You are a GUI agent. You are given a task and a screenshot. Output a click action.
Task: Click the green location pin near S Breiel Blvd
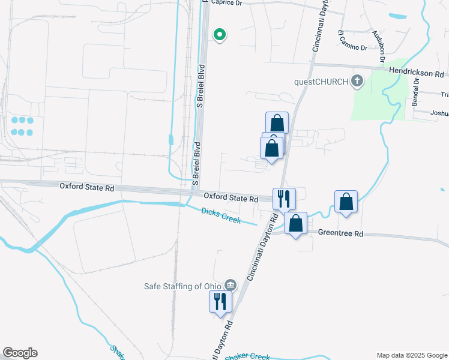220,35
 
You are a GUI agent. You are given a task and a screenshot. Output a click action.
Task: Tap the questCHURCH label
321,82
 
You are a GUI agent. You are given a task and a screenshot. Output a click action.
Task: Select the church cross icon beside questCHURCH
357,81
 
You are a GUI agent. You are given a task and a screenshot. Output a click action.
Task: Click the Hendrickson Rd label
418,72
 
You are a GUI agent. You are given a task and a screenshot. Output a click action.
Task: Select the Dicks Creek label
221,215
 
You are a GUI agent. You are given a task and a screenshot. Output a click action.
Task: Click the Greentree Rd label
340,232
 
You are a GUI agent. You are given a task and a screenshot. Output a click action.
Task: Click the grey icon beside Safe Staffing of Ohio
230,285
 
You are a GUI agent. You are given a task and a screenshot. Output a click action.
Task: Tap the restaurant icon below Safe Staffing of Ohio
219,301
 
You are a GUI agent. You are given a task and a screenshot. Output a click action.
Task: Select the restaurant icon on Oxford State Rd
283,199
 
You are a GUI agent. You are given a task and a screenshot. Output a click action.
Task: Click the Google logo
20,353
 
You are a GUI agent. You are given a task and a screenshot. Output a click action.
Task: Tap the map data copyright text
412,355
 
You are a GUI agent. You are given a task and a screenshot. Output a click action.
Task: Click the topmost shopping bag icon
277,122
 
